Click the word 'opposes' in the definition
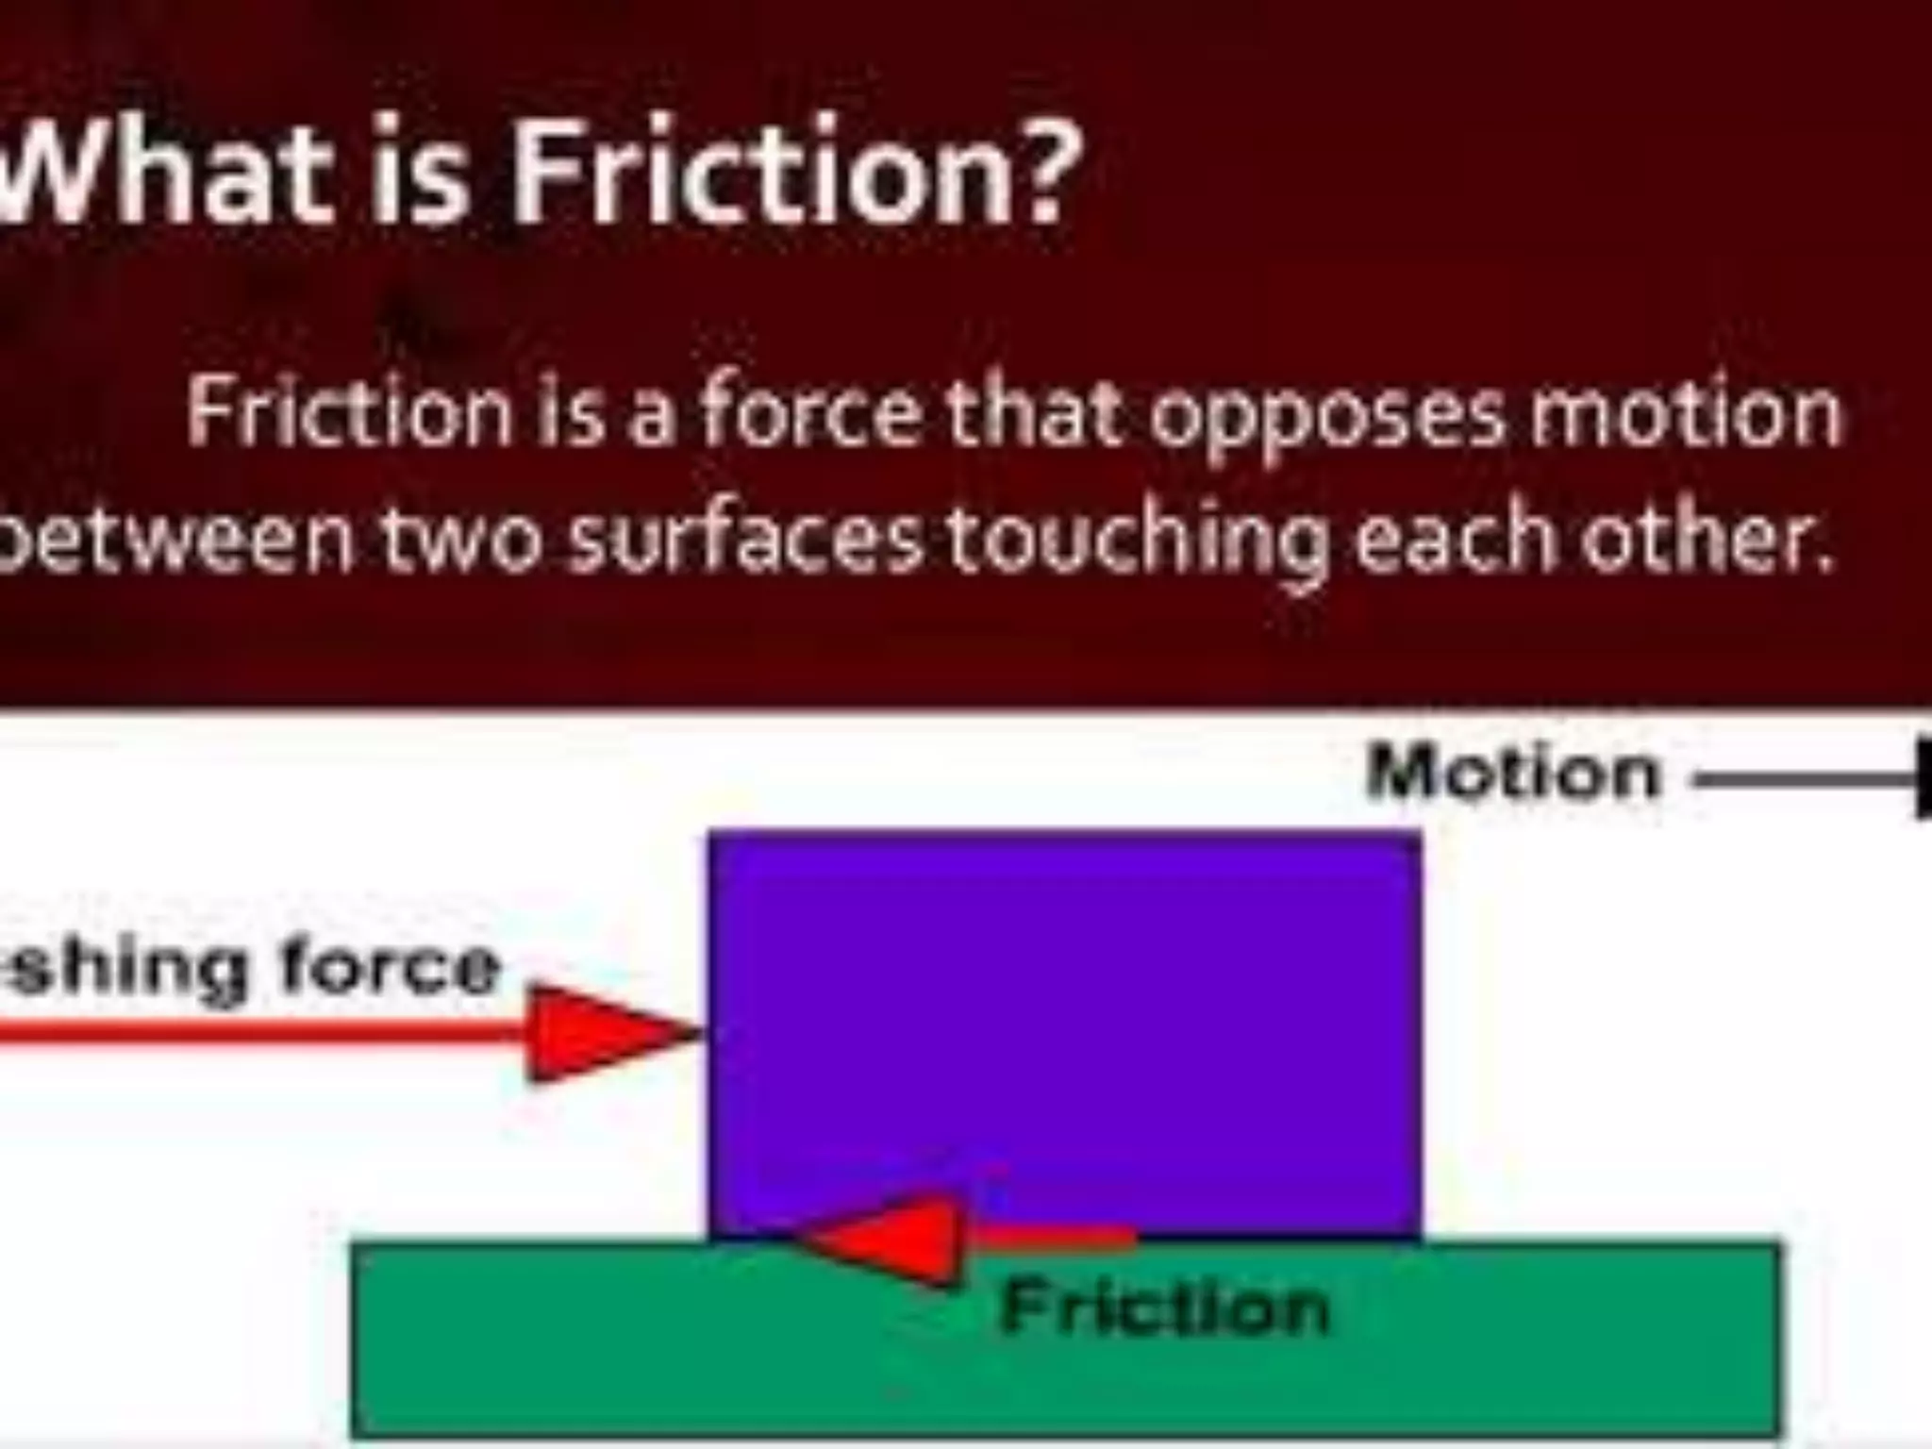click(x=1325, y=415)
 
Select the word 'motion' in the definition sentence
click(x=1685, y=415)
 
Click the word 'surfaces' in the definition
click(x=746, y=544)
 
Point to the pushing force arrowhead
click(x=604, y=1034)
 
